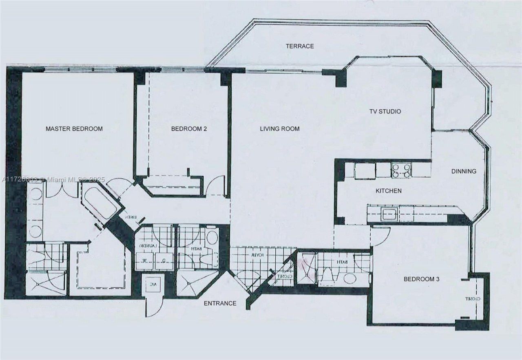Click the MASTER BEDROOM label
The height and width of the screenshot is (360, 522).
pos(74,129)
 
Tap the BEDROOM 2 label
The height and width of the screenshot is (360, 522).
pos(189,129)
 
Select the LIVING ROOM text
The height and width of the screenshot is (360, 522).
pos(280,129)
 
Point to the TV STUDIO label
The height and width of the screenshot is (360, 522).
pos(385,111)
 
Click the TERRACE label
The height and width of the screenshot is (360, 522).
pos(300,46)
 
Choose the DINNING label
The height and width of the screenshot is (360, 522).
pos(464,171)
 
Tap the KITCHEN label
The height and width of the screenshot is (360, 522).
pos(389,191)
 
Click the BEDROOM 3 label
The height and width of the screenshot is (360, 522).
pos(421,280)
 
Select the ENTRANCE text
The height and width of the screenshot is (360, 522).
pos(220,303)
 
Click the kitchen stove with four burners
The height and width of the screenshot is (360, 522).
pos(401,170)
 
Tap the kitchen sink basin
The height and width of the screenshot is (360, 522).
pos(389,214)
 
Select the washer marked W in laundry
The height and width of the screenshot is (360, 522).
pos(145,261)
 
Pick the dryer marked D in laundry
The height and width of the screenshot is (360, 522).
pos(164,261)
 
